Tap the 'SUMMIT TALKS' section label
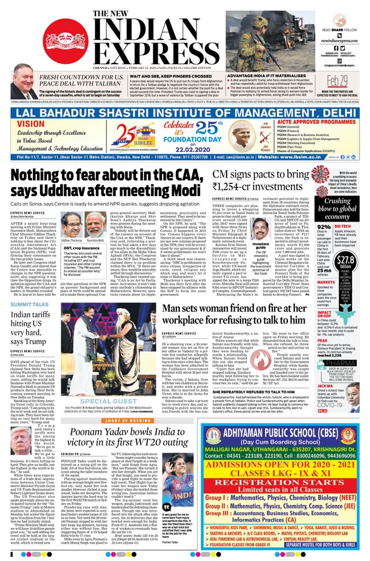click(x=29, y=304)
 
